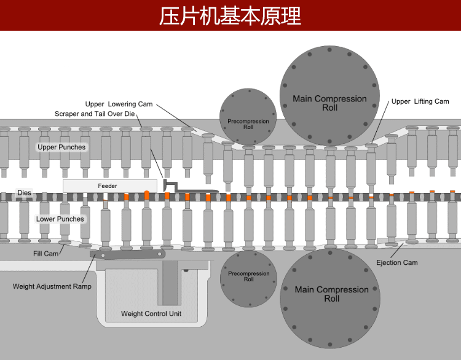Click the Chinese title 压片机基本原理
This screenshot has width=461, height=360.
click(230, 16)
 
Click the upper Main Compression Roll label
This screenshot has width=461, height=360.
click(329, 103)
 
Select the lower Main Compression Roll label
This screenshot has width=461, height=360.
click(331, 294)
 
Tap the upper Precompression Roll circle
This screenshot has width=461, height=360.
click(248, 117)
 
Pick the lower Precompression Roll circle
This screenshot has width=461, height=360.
click(248, 278)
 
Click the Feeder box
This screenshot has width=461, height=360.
click(109, 186)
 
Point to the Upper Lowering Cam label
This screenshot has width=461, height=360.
click(119, 104)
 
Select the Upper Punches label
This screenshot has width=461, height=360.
click(61, 147)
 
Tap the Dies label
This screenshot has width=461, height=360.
click(24, 193)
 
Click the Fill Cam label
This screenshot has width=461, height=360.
click(45, 253)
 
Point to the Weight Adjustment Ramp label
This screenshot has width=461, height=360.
click(52, 287)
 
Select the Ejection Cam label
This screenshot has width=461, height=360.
click(396, 263)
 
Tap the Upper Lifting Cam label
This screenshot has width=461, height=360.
click(420, 101)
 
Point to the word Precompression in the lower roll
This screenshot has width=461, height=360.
click(248, 274)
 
